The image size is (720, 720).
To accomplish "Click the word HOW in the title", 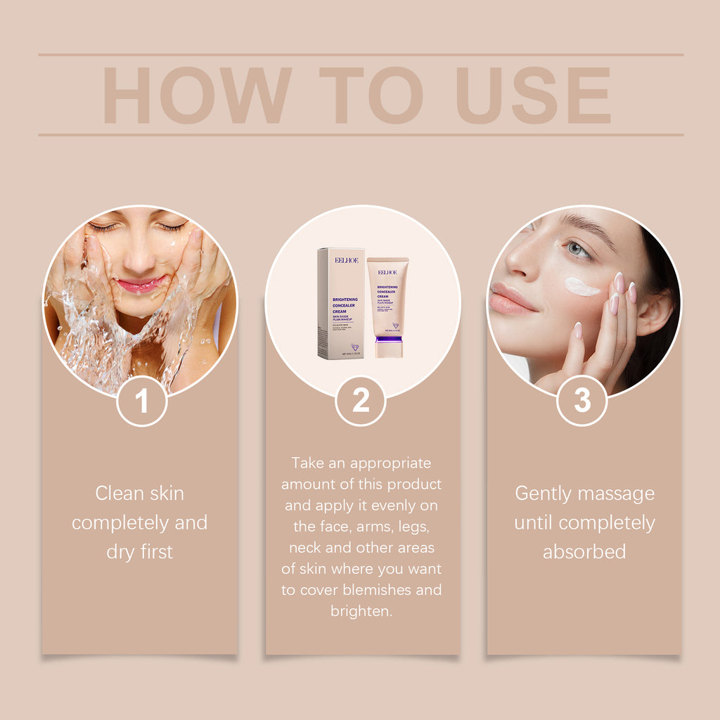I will coord(197,96).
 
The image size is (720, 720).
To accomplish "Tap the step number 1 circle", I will coord(142,401).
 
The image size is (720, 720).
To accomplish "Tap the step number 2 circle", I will coord(361,401).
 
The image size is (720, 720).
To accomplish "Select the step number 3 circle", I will coord(582,401).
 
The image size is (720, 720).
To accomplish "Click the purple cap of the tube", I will coord(388,347).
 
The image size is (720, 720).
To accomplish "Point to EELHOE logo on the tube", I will coord(387,271).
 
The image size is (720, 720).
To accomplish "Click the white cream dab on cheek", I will coord(581,286).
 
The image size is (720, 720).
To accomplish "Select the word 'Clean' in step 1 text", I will coord(120,493).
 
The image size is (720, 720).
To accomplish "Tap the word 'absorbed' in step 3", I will coord(584,552).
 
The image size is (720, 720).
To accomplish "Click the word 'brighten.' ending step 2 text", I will coord(361,611).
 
